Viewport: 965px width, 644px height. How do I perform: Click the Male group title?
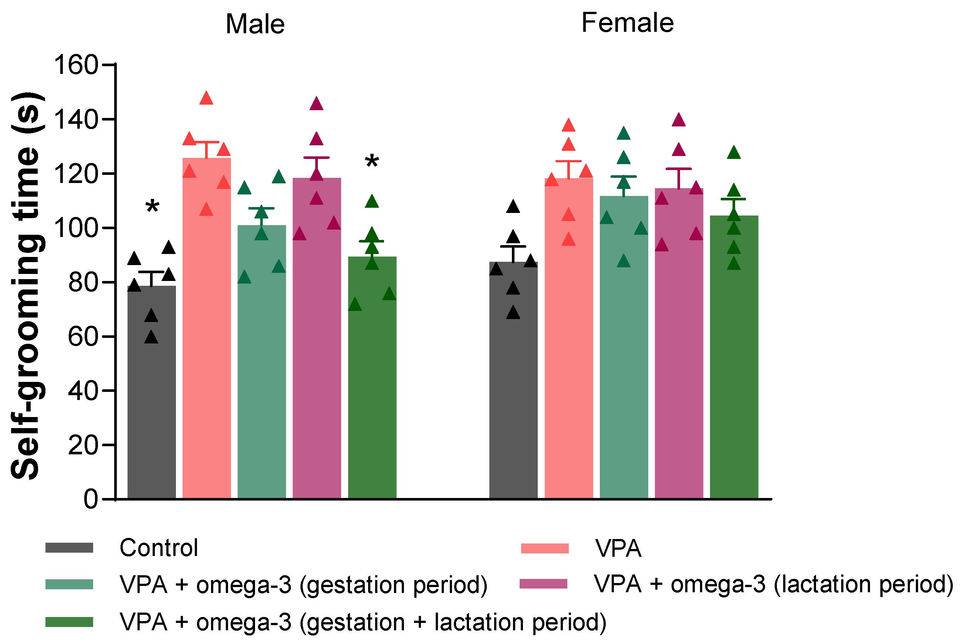point(255,24)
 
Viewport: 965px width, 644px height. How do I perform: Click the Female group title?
point(627,23)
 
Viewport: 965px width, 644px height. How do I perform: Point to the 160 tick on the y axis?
point(76,65)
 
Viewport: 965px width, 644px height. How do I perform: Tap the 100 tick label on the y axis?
point(76,228)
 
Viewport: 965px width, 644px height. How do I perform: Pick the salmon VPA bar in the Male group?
point(207,329)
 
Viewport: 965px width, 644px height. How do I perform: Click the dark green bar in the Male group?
point(372,378)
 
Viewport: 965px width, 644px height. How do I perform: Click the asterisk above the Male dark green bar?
point(372,162)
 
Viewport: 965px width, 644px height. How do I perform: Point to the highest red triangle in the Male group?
point(206,99)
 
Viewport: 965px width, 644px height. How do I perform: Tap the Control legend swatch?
point(69,548)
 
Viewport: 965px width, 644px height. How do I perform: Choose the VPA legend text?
point(618,548)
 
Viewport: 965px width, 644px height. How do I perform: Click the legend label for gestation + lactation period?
point(363,622)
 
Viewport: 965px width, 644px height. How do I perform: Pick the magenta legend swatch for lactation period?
point(543,584)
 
